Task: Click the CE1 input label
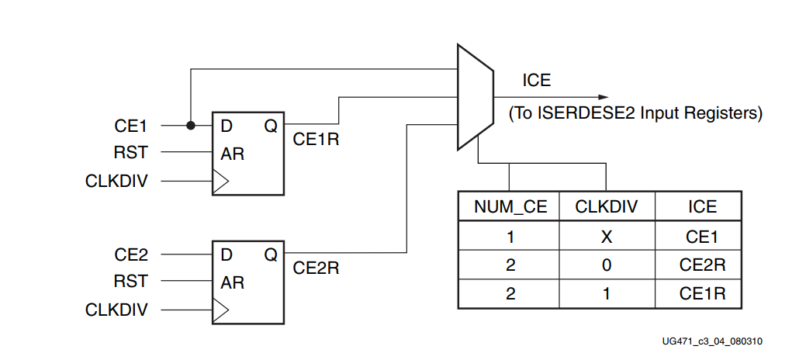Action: coord(130,126)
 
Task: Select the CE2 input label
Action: coord(130,254)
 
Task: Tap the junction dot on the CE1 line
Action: coord(189,125)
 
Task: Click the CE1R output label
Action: coord(316,140)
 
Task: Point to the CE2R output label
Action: coord(316,268)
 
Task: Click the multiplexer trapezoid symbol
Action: coord(475,97)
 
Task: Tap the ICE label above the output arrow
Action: coord(537,80)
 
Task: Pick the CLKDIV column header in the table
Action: coord(606,206)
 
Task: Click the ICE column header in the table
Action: coord(702,206)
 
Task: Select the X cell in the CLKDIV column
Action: coord(606,236)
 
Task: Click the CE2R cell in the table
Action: coord(702,265)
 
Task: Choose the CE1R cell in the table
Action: coord(702,295)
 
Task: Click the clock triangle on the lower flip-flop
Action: coord(220,310)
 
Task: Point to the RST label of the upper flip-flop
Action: coord(130,153)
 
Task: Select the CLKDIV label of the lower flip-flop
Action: coord(116,310)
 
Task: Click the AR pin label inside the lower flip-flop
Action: coord(232,282)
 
